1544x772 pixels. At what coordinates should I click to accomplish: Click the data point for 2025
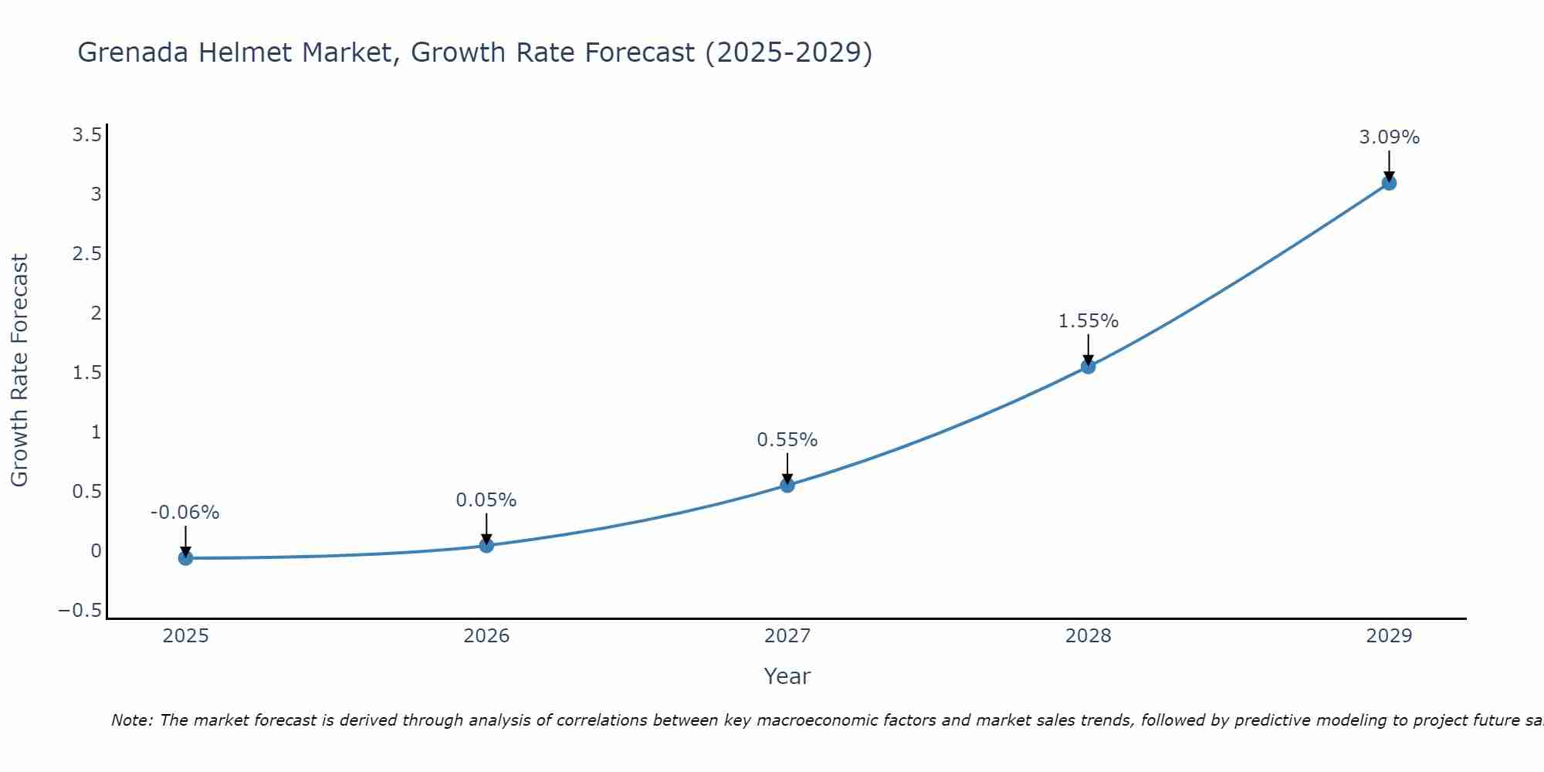point(185,557)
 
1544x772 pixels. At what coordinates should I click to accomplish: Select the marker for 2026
point(486,545)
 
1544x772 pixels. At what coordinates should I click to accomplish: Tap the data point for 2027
point(787,485)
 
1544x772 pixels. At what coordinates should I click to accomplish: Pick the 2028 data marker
point(1088,366)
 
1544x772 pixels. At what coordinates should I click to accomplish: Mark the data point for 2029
point(1389,183)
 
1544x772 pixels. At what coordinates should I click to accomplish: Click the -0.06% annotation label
point(185,513)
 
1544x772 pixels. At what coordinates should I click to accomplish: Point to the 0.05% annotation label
point(486,500)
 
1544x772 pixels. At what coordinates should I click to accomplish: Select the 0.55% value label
point(787,440)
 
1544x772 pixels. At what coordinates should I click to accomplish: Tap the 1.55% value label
point(1088,321)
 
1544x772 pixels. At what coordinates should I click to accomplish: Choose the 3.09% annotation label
point(1389,137)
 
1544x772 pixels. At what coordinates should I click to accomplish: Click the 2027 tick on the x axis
point(787,636)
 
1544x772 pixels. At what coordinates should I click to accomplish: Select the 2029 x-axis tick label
point(1389,636)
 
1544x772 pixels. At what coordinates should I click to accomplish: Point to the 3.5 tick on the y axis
point(87,136)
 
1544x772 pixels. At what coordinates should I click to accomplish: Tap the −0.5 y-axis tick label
point(80,611)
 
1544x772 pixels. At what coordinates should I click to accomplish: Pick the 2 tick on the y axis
point(96,313)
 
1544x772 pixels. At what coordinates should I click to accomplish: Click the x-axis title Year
point(787,677)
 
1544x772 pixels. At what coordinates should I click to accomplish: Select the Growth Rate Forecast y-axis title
point(20,371)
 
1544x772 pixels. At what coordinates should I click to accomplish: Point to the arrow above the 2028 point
point(1088,350)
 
